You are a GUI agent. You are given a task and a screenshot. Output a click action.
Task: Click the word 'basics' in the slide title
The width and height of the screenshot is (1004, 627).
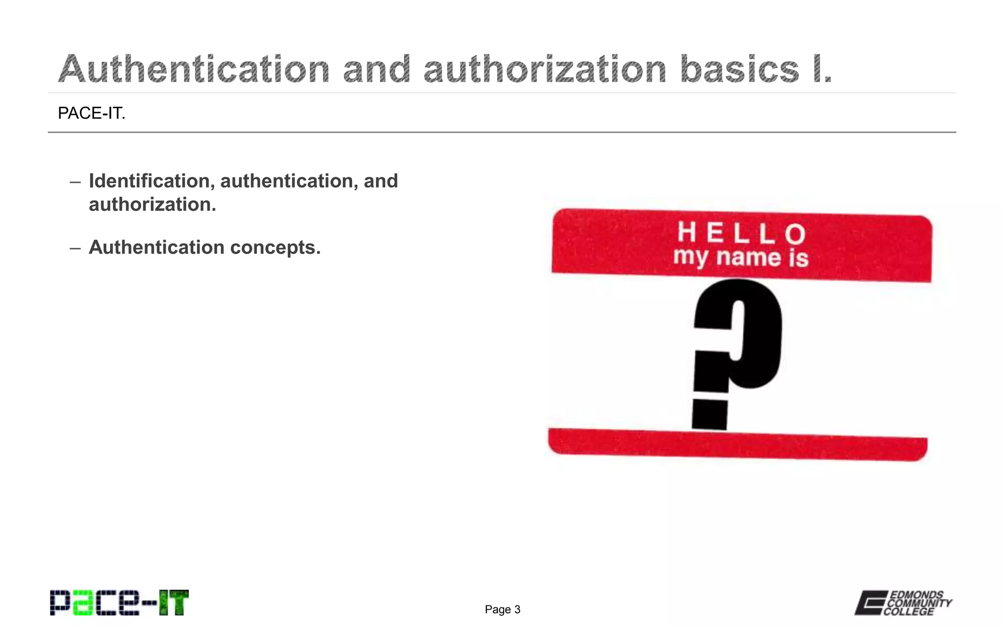pyautogui.click(x=739, y=69)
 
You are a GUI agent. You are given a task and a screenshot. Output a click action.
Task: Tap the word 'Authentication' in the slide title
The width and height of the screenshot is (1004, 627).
pyautogui.click(x=194, y=69)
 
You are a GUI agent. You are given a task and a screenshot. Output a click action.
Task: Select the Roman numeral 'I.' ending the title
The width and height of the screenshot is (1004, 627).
pyautogui.click(x=822, y=69)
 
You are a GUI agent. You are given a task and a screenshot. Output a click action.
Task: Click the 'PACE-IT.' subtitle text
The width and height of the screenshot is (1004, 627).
pyautogui.click(x=92, y=113)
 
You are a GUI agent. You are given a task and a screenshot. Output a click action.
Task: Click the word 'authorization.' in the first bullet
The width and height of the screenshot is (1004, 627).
pyautogui.click(x=152, y=204)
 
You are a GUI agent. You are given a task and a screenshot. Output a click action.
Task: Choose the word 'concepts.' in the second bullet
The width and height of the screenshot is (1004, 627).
pyautogui.click(x=276, y=247)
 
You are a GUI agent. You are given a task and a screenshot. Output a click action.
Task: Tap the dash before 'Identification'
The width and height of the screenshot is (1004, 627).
pyautogui.click(x=75, y=182)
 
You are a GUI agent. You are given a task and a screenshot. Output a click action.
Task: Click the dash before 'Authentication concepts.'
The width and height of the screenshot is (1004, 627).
pyautogui.click(x=75, y=248)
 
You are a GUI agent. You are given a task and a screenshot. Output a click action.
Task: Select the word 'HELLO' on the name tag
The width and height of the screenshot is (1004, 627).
pyautogui.click(x=741, y=233)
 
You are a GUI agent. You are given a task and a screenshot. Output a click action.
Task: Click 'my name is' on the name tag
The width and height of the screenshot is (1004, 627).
pyautogui.click(x=740, y=258)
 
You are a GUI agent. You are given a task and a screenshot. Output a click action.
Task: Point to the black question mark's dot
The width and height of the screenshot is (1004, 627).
pyautogui.click(x=709, y=414)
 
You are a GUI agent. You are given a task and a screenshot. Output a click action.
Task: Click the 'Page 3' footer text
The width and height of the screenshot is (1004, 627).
pyautogui.click(x=502, y=609)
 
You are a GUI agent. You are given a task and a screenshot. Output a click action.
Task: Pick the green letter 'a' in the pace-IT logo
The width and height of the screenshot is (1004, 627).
pyautogui.click(x=82, y=603)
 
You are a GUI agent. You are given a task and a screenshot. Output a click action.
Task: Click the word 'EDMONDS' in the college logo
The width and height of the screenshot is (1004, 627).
pyautogui.click(x=916, y=595)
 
